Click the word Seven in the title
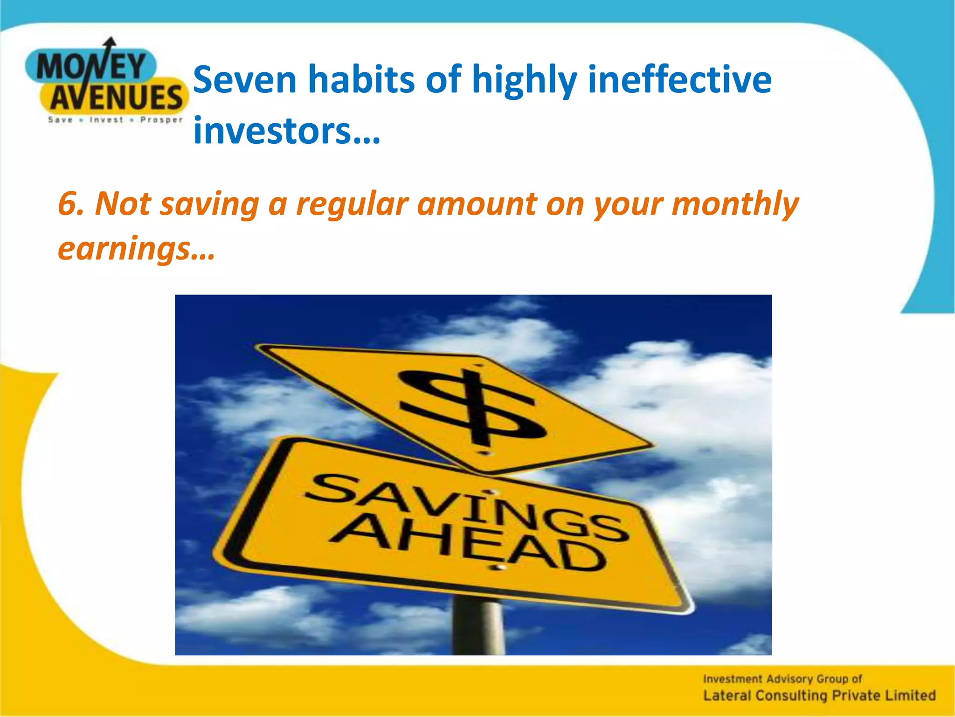(245, 79)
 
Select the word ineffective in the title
(679, 79)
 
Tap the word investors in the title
(272, 131)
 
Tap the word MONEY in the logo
(91, 67)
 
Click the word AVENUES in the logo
(116, 98)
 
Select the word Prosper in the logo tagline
(161, 120)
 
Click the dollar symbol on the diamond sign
(472, 405)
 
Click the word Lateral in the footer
(727, 696)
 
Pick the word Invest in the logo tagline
(106, 120)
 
